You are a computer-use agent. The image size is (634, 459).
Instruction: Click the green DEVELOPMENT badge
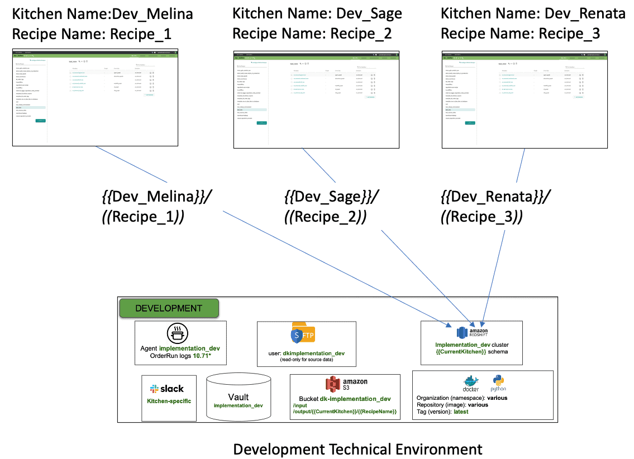tap(169, 308)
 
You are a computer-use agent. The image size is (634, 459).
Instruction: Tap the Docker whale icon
tap(471, 383)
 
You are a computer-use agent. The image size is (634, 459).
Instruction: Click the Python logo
tap(498, 384)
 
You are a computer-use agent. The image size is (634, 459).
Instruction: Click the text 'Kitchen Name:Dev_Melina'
tap(103, 14)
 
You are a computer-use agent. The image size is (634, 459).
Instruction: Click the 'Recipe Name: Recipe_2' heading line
tap(312, 34)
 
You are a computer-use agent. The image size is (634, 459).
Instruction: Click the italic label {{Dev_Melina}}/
tap(156, 197)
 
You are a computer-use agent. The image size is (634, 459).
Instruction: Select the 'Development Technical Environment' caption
tap(357, 449)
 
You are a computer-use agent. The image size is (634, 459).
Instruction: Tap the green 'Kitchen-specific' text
tap(169, 401)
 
